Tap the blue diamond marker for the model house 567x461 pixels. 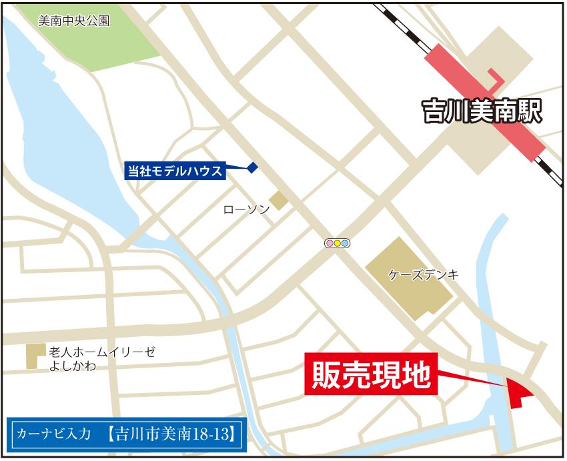tap(252, 168)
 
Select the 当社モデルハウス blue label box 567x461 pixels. tap(175, 171)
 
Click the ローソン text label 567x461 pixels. tap(246, 209)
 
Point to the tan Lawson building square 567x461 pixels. tap(278, 199)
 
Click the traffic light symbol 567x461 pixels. tap(337, 243)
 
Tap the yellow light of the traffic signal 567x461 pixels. tap(337, 243)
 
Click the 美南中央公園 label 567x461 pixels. tap(73, 21)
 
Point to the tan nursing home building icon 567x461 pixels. tap(31, 356)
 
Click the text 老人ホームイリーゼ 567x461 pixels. tap(101, 352)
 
